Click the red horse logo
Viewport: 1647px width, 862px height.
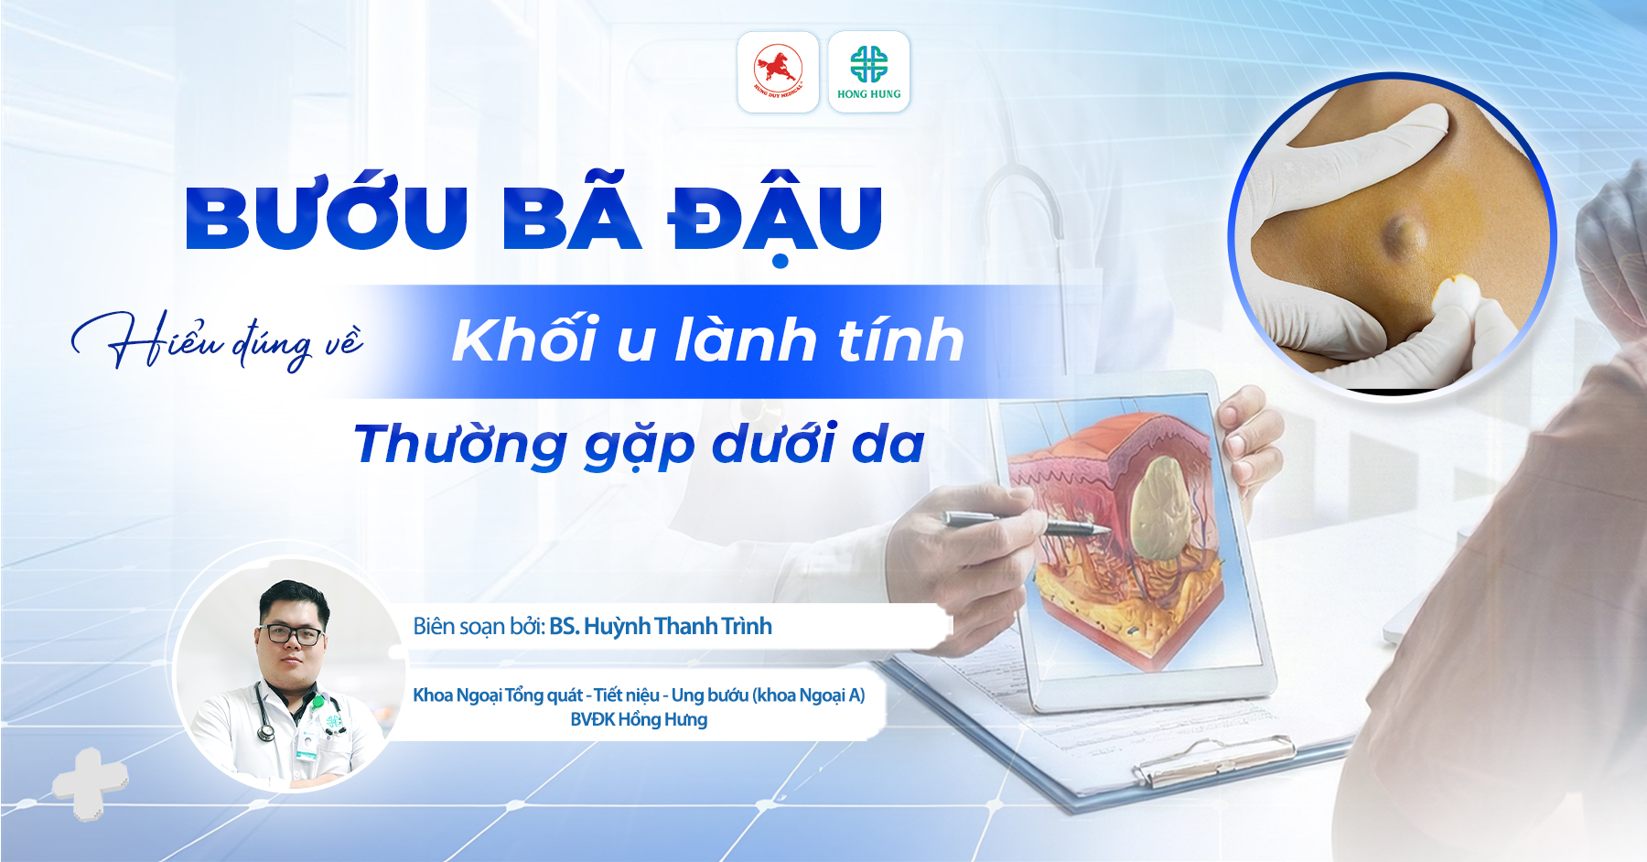[778, 71]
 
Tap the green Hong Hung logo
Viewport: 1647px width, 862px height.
[868, 72]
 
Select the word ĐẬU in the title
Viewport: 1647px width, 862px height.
[775, 220]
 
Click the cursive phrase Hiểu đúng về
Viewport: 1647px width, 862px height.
[218, 340]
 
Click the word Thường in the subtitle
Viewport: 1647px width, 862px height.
[460, 444]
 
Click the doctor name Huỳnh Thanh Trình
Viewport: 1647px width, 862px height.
[678, 627]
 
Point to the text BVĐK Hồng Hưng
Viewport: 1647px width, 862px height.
[639, 719]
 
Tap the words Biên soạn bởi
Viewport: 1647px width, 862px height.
[479, 627]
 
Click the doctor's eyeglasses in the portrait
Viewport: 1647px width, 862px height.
[293, 634]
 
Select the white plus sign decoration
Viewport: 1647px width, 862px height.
[90, 783]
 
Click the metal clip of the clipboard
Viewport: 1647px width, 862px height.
[1217, 760]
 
